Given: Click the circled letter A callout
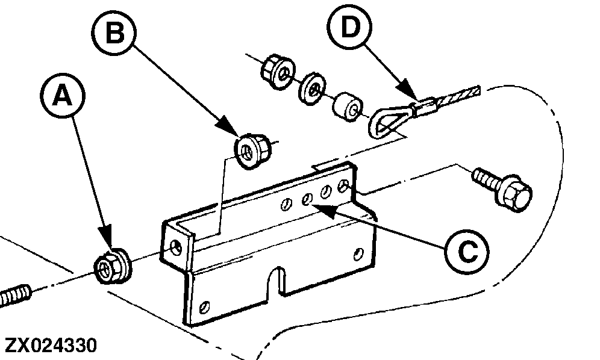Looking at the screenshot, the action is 63,95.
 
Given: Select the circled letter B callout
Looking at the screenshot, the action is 114,33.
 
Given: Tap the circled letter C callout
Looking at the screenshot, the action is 467,252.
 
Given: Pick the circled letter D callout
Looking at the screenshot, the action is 350,27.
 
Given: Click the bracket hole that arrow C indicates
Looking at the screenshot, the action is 307,199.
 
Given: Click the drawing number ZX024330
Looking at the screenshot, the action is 51,346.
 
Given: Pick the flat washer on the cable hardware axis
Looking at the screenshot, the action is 312,88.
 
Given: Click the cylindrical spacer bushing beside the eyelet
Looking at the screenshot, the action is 348,106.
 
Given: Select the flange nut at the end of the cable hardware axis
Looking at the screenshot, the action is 278,72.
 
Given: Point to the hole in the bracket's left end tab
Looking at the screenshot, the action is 176,247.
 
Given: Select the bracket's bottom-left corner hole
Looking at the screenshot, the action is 205,306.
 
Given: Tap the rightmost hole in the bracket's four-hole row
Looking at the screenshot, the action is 343,186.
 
